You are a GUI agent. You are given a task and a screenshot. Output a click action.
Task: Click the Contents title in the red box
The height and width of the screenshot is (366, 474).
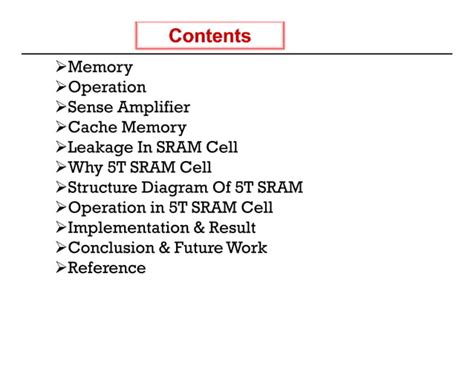click(x=210, y=36)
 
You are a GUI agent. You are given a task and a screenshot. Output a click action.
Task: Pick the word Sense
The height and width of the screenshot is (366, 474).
click(x=88, y=108)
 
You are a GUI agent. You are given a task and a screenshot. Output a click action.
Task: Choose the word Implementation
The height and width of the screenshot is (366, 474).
click(x=129, y=228)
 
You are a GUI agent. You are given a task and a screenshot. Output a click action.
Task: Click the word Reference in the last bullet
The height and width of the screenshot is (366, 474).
click(x=106, y=268)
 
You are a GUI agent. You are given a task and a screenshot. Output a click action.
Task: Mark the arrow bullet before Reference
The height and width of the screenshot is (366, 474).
click(x=60, y=268)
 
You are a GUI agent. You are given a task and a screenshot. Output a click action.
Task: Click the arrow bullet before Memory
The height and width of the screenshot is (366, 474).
click(x=60, y=68)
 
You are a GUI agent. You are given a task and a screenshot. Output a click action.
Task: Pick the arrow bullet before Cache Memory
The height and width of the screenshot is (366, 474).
click(x=60, y=128)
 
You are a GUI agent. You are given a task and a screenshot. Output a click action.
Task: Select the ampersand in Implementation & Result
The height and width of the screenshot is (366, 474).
click(x=199, y=228)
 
